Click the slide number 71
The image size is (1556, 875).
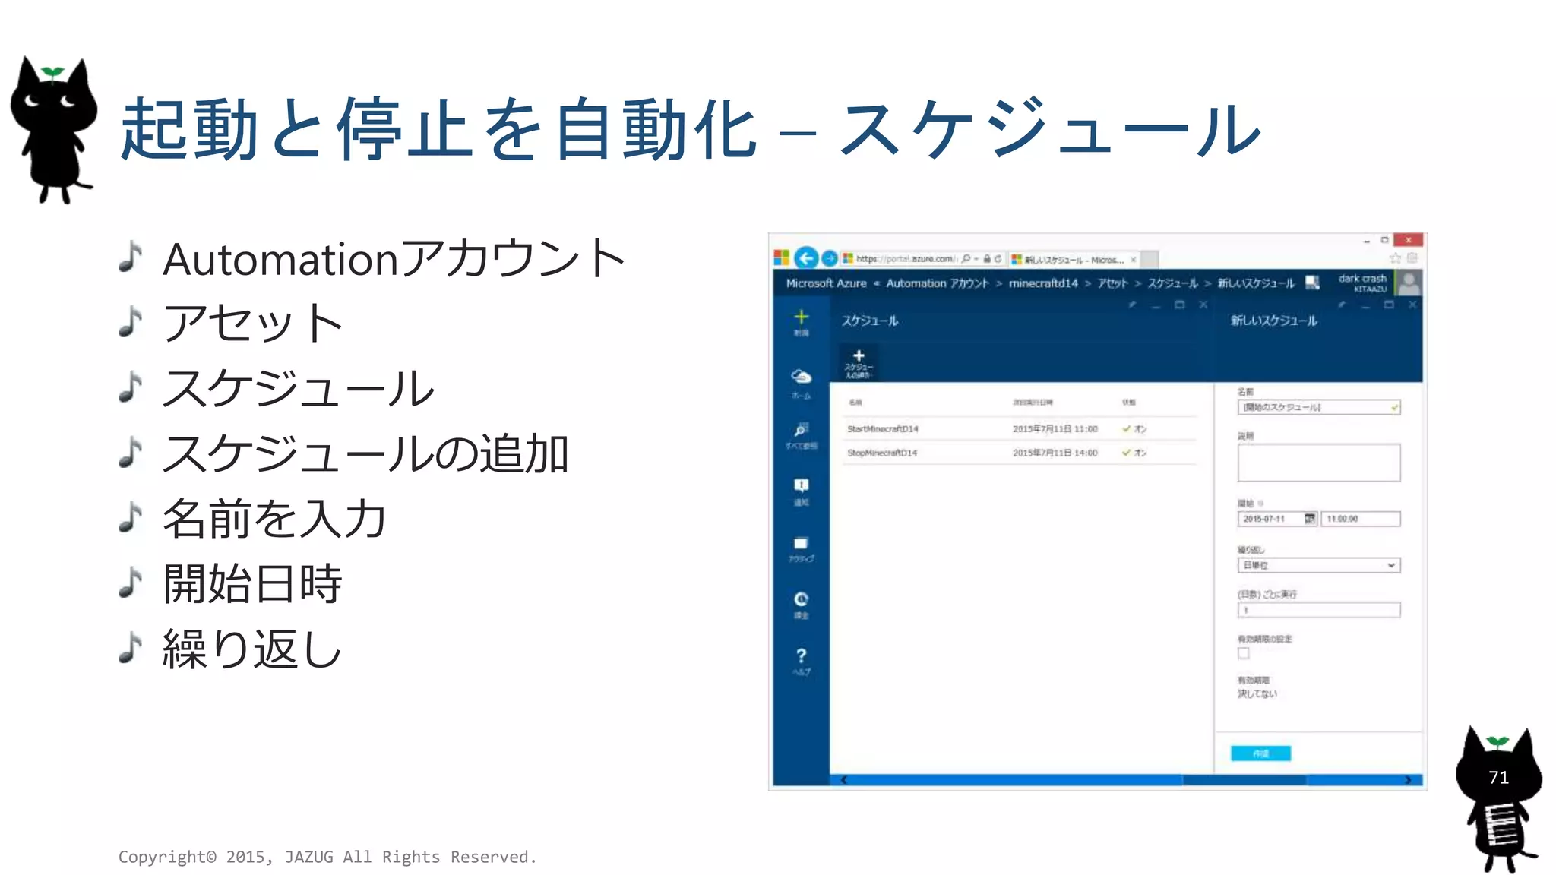point(1498,777)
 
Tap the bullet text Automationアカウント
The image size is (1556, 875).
point(394,259)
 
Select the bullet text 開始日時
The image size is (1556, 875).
point(252,584)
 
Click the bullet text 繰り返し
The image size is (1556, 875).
point(252,649)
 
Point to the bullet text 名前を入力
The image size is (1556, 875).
point(274,519)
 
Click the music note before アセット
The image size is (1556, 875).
point(131,321)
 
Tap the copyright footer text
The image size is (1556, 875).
point(327,857)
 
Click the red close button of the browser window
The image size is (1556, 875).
point(1408,240)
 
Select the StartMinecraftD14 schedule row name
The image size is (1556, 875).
point(883,429)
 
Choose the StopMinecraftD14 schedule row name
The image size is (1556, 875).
point(882,453)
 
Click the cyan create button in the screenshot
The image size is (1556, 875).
point(1260,753)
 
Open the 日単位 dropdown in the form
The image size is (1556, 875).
point(1318,565)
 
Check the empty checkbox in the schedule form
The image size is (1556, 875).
point(1244,653)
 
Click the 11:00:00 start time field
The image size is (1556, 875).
point(1360,519)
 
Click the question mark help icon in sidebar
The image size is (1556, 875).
point(801,656)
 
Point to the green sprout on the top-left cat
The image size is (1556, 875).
point(52,73)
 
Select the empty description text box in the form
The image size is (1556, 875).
point(1318,463)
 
